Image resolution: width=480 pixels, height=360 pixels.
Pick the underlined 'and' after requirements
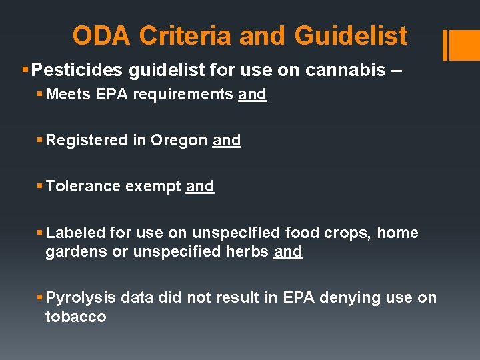252,95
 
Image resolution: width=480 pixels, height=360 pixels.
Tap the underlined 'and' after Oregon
227,141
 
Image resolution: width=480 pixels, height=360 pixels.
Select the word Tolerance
81,187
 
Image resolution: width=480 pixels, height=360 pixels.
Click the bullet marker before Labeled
40,233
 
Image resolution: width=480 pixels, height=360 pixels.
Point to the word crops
352,233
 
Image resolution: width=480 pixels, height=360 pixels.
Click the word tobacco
75,317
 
